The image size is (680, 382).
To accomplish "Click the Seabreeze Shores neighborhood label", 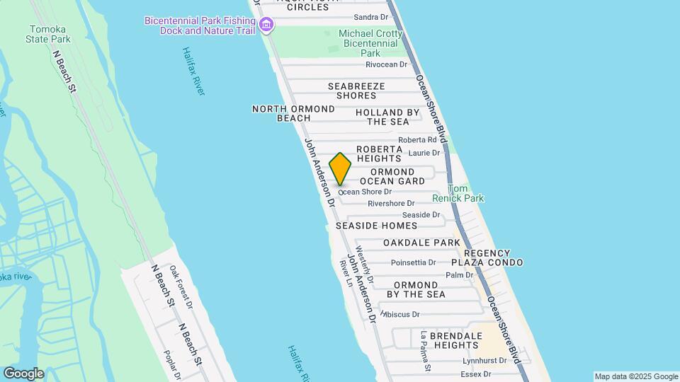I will [x=356, y=91].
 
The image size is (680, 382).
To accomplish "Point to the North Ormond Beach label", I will [x=293, y=113].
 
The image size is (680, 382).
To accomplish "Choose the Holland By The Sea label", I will [x=387, y=117].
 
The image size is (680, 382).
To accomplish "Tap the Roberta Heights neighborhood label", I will [x=379, y=154].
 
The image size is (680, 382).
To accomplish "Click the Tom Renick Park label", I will [x=465, y=194].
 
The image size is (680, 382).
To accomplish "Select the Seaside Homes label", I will [x=376, y=226].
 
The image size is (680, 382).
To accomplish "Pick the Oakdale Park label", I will [x=421, y=243].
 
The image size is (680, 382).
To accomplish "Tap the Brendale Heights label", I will [x=446, y=340].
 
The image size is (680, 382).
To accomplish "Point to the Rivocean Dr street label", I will [x=387, y=64].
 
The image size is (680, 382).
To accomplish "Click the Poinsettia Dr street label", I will [x=413, y=262].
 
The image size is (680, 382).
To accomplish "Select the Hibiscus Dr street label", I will [x=402, y=314].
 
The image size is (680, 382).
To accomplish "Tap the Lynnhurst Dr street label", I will [x=484, y=360].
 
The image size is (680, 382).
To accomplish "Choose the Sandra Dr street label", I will [x=370, y=16].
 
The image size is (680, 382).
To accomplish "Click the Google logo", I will [x=23, y=374].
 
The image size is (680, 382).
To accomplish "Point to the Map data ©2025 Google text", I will [x=636, y=376].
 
